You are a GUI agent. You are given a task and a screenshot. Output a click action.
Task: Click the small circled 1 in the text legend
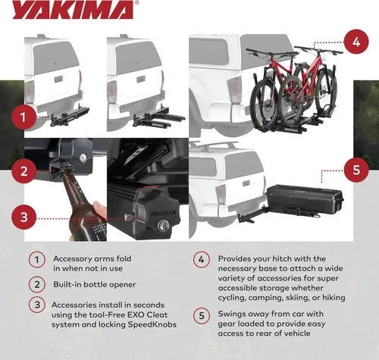(36, 259)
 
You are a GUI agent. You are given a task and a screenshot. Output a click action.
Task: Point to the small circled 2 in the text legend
(36, 285)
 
